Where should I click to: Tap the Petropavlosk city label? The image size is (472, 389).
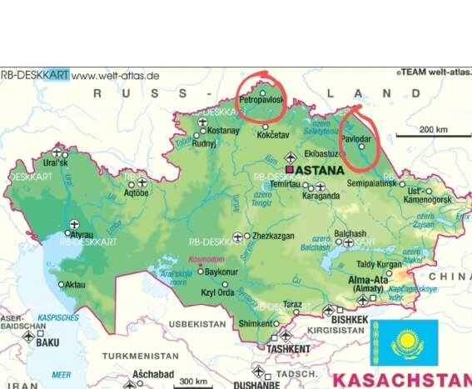click(x=261, y=99)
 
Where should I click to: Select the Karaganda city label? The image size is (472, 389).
click(x=321, y=197)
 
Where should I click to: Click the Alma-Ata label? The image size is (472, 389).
click(x=368, y=279)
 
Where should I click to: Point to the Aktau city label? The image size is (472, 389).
click(x=76, y=285)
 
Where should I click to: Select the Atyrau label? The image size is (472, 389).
click(x=80, y=235)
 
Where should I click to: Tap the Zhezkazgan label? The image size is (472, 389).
click(x=273, y=236)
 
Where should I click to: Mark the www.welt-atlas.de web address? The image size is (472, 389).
click(x=116, y=75)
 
